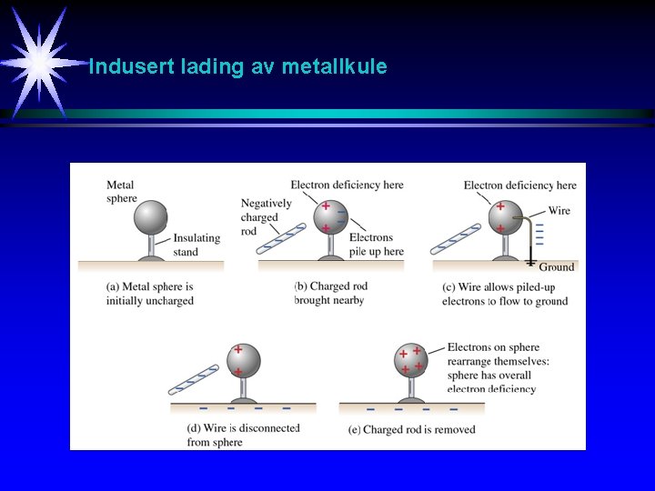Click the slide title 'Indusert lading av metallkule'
(x=237, y=66)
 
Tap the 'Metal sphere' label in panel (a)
(x=121, y=192)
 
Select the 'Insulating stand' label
(x=196, y=245)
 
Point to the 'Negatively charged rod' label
(x=266, y=216)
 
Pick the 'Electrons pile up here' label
(x=377, y=244)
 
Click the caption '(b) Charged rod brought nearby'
(x=331, y=293)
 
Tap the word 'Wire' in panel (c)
(x=559, y=210)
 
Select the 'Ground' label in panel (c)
(x=556, y=266)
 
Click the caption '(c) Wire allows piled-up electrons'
(x=504, y=293)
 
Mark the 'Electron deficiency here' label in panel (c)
(x=519, y=185)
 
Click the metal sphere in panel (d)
(x=243, y=360)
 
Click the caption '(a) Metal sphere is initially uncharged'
(x=150, y=293)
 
